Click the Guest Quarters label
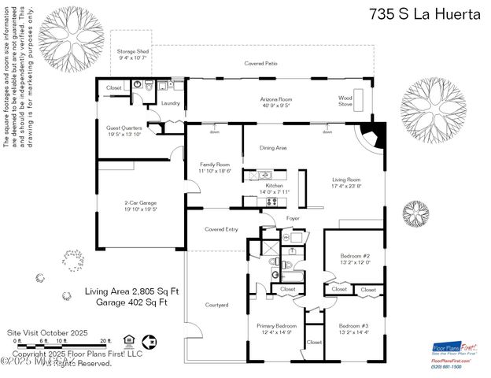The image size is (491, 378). tap(124, 130)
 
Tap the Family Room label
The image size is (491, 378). tap(212, 166)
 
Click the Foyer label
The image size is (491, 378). tap(293, 218)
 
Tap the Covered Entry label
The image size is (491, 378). tap(220, 229)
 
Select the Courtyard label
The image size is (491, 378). tap(216, 305)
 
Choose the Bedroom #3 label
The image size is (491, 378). tap(354, 328)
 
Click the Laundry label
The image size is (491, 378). tap(171, 103)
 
